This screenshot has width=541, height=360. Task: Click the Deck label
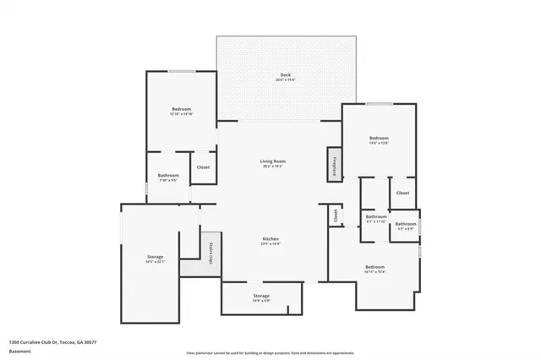[x=286, y=76]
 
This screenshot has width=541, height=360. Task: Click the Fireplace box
[x=335, y=165]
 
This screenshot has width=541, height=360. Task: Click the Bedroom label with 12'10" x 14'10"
[x=182, y=110]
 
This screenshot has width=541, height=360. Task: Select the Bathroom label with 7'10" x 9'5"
[x=168, y=176]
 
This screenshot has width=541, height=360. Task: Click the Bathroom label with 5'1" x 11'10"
[x=376, y=217]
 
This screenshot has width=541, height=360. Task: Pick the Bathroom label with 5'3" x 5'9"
[x=406, y=225]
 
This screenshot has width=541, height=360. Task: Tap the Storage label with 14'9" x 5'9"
[x=260, y=297]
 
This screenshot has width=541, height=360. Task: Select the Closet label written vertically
[x=336, y=215]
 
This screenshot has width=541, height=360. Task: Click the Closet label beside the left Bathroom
[x=203, y=167]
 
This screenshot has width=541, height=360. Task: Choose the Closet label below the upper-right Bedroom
[x=402, y=193]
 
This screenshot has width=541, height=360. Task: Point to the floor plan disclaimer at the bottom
[x=270, y=351]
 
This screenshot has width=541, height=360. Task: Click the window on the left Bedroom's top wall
[x=181, y=72]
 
